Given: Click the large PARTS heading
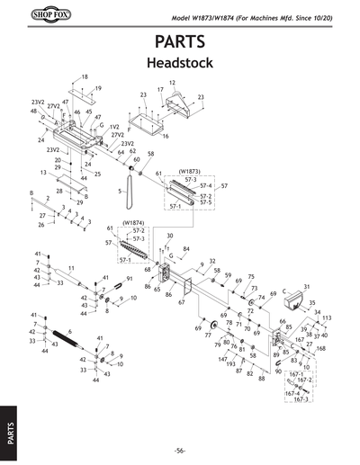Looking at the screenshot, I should [180, 43].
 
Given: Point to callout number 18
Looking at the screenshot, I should [85, 77].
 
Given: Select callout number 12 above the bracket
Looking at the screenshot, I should [172, 82].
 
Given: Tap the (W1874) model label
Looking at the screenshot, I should [133, 221].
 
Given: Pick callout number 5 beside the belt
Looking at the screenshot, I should [119, 192].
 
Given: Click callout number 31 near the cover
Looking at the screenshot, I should [306, 286].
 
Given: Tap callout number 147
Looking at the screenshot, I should [221, 359].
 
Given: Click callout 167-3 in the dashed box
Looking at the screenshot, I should [301, 399].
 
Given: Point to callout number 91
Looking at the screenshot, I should [129, 280].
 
